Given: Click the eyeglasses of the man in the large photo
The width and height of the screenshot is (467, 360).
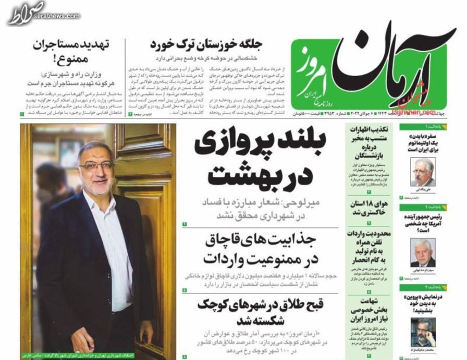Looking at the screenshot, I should click(97, 166).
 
